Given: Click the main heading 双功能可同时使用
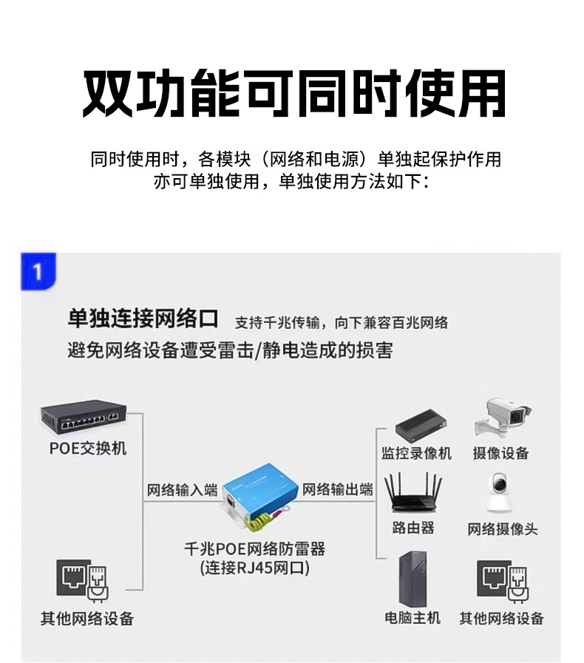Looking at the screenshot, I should [293, 94].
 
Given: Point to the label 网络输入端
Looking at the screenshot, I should [182, 490].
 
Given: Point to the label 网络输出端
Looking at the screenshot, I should [338, 490].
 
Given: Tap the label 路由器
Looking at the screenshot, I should [413, 528].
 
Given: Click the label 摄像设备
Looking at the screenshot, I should [500, 453].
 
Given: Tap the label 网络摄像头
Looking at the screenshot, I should [502, 529].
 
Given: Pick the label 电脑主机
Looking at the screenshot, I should [412, 618].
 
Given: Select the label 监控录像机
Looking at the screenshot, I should [416, 453].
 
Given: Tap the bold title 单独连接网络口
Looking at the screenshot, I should [143, 319].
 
